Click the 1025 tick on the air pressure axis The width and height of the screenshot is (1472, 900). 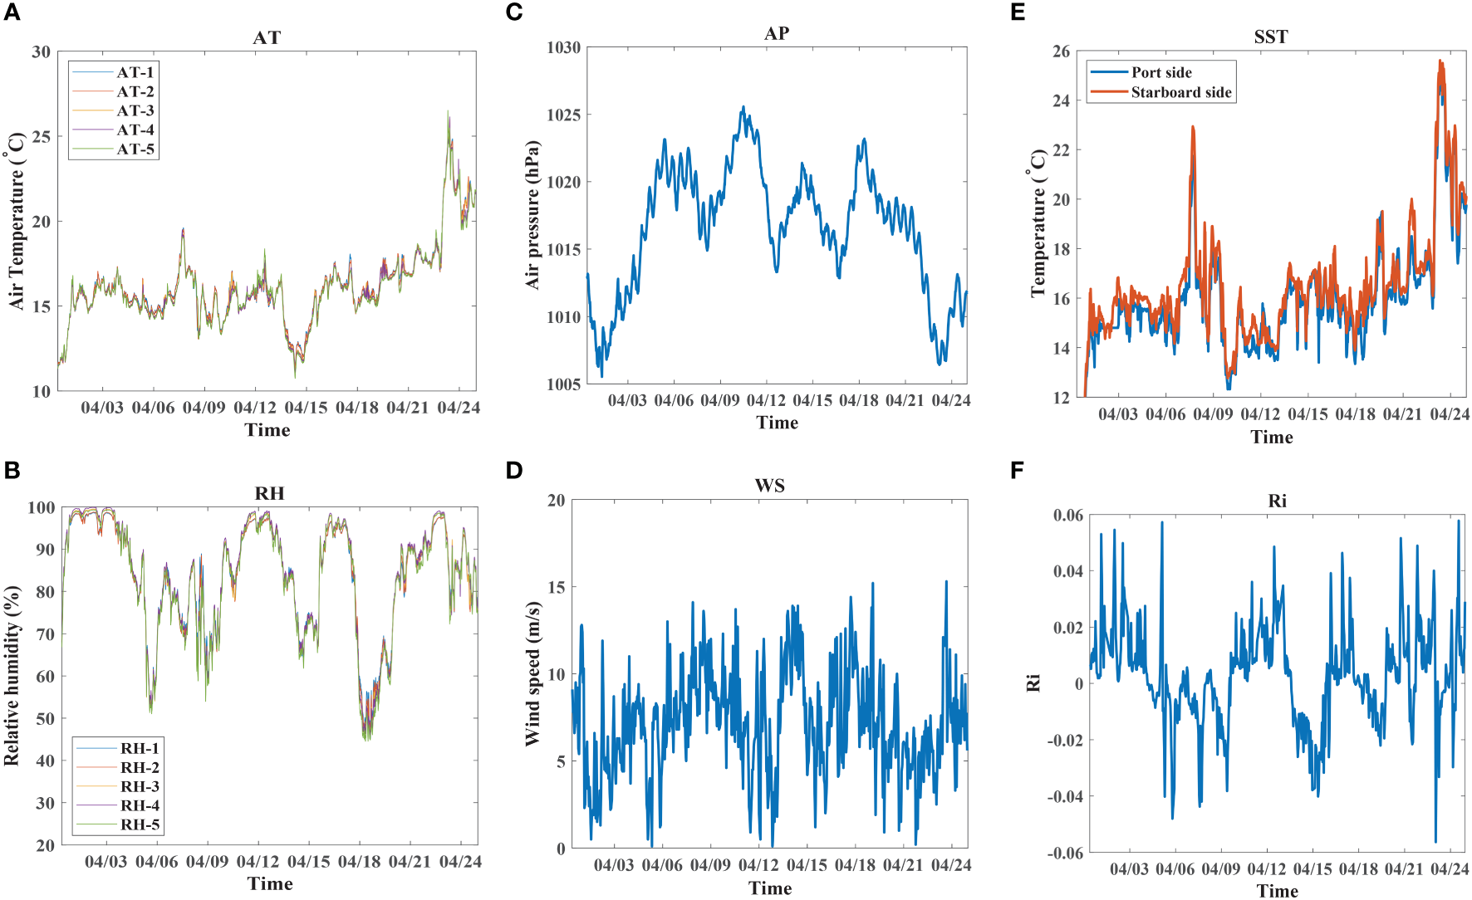[x=563, y=115]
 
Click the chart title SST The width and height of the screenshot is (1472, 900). [x=1270, y=37]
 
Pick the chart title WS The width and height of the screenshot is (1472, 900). [x=769, y=486]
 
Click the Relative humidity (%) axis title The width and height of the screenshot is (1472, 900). [x=12, y=675]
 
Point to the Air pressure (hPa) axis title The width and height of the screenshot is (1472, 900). [x=532, y=214]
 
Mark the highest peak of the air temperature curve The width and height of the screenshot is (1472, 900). [x=448, y=111]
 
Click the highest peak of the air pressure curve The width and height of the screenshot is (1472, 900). [x=743, y=107]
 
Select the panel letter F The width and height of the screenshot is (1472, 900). [x=1017, y=471]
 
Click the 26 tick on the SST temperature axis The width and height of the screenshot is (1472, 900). [x=1061, y=51]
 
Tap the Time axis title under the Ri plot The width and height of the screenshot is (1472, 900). [x=1277, y=891]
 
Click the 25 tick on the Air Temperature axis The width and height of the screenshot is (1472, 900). [x=41, y=137]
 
